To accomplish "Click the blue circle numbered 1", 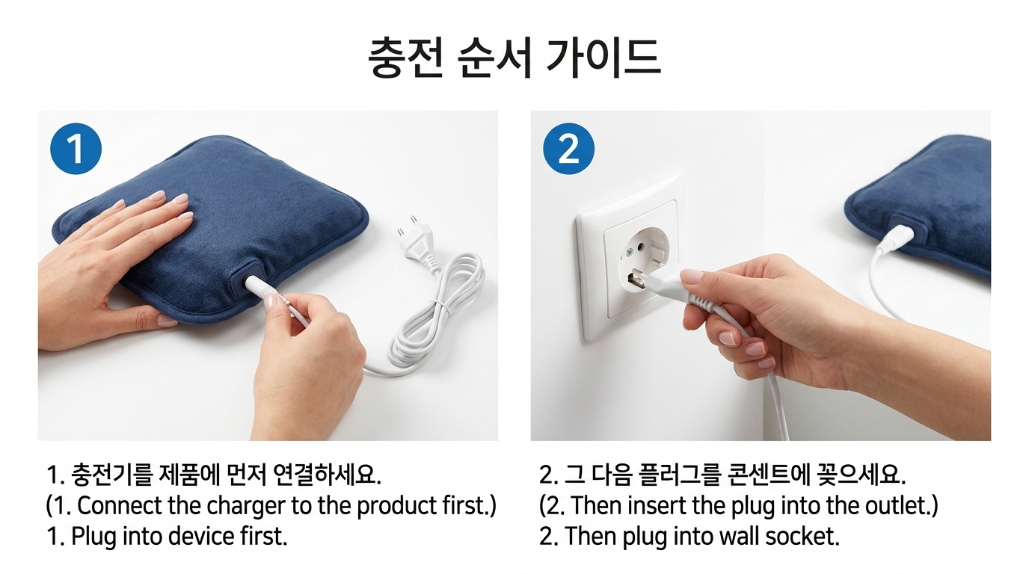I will point(76,150).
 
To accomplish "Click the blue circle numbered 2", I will point(568,150).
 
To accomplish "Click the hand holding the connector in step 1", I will point(314,359).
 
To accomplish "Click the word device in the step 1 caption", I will point(209,537).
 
